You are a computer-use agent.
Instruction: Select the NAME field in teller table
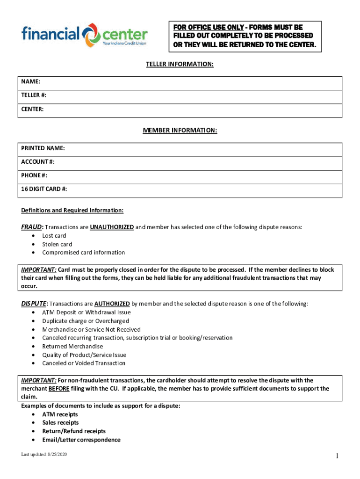point(27,82)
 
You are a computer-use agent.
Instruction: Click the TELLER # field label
point(34,95)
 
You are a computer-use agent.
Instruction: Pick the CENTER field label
point(32,109)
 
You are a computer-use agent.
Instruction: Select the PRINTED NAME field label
point(43,148)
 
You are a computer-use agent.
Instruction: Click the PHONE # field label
point(34,175)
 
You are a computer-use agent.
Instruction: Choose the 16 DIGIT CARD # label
point(44,189)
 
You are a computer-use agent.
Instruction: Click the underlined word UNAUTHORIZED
point(112,227)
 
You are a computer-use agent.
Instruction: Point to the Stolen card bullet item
point(57,244)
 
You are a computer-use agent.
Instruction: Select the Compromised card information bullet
point(83,253)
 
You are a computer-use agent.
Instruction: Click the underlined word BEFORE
point(58,389)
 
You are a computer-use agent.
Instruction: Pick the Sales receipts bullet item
point(60,423)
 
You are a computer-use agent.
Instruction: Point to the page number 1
point(336,457)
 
